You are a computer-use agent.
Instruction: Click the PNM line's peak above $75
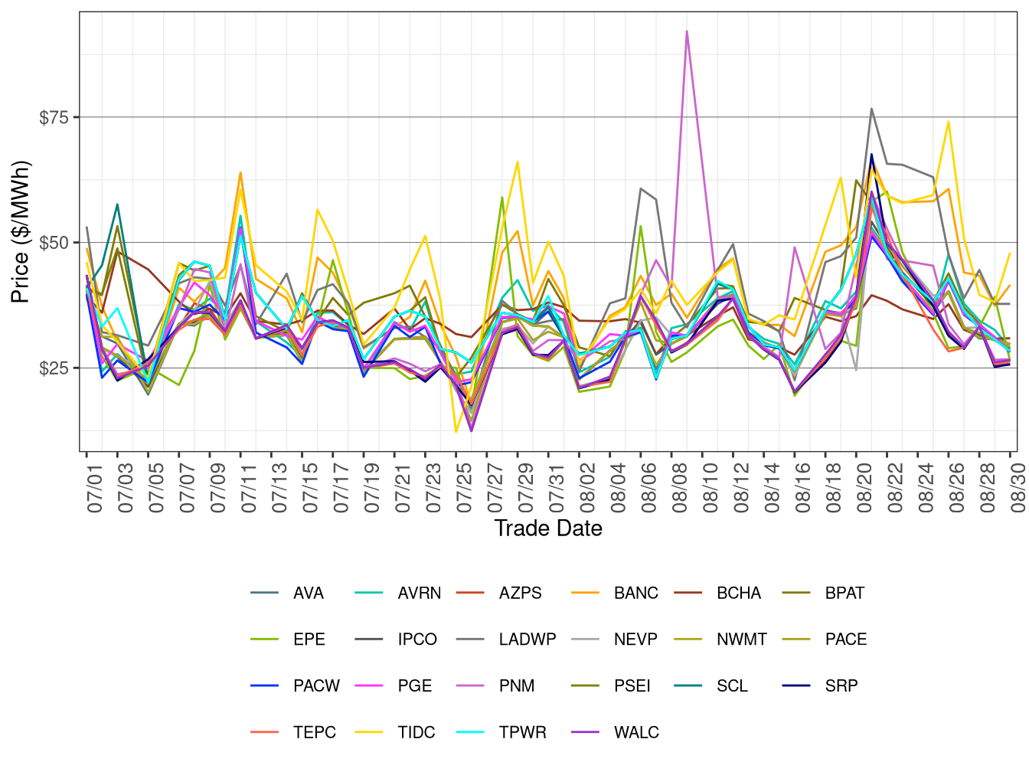pyautogui.click(x=687, y=31)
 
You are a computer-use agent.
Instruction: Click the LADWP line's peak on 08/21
pyautogui.click(x=871, y=109)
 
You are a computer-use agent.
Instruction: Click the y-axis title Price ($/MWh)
pyautogui.click(x=20, y=232)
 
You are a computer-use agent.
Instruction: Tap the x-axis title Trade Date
pyautogui.click(x=548, y=528)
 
